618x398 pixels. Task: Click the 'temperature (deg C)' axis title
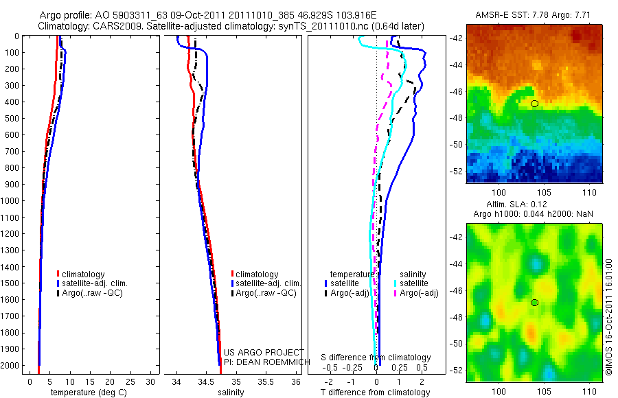point(87,393)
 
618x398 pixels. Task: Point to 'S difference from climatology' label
point(376,358)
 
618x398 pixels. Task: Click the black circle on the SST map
point(534,104)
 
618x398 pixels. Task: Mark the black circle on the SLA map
point(534,303)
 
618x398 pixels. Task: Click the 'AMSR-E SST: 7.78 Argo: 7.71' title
point(534,15)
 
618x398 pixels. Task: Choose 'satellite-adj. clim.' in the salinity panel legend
point(268,283)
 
